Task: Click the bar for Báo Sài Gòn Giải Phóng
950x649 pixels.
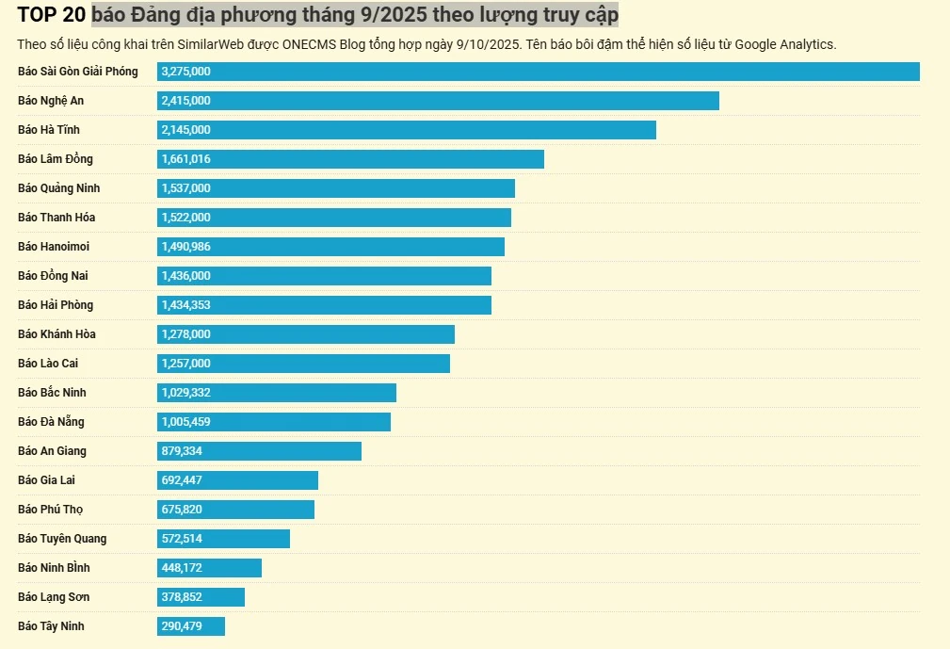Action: click(x=538, y=72)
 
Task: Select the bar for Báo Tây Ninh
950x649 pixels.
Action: click(x=191, y=626)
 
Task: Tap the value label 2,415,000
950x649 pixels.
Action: click(x=185, y=101)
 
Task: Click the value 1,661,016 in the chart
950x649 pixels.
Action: click(x=185, y=159)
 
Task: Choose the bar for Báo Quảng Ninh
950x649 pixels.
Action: click(x=336, y=188)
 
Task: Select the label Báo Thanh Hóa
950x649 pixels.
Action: click(x=56, y=218)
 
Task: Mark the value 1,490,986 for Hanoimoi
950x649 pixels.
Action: click(x=185, y=247)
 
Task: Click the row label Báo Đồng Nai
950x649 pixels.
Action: click(x=54, y=276)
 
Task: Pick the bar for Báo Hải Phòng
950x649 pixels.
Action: click(x=324, y=305)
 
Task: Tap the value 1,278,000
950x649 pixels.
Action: click(x=185, y=334)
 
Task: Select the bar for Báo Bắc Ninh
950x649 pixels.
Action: click(x=277, y=393)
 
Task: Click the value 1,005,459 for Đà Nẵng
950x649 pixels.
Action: click(x=185, y=422)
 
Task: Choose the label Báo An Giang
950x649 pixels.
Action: click(x=52, y=451)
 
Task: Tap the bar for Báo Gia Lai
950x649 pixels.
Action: click(x=237, y=480)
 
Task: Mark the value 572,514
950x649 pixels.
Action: click(x=182, y=539)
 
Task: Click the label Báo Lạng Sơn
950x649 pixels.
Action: click(x=54, y=597)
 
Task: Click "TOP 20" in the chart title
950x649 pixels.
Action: click(x=52, y=15)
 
